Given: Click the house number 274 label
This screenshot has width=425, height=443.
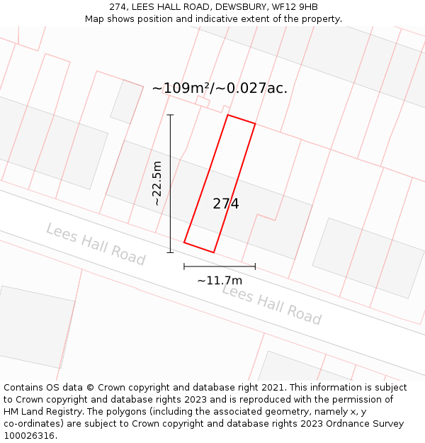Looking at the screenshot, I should pyautogui.click(x=226, y=204).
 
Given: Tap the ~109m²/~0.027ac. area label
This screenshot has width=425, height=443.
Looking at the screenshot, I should pyautogui.click(x=220, y=89).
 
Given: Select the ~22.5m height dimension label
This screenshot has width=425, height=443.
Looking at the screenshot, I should pyautogui.click(x=157, y=184).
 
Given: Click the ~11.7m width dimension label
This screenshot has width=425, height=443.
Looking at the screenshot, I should pyautogui.click(x=220, y=280).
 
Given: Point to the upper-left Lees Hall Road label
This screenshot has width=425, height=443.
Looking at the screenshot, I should pyautogui.click(x=96, y=243).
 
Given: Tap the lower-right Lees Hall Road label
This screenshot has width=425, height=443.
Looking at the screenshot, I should pyautogui.click(x=272, y=304).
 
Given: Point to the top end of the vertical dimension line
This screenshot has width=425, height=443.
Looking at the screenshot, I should pyautogui.click(x=170, y=115).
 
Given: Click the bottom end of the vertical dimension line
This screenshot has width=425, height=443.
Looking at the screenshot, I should pyautogui.click(x=170, y=252).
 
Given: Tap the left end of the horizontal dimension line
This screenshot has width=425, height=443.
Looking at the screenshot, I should pyautogui.click(x=184, y=267).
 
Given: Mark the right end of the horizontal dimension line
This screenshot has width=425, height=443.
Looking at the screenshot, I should pyautogui.click(x=255, y=267).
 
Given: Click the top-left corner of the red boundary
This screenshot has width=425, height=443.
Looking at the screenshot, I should pyautogui.click(x=227, y=115).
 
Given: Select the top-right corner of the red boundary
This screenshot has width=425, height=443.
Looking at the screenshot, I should pyautogui.click(x=255, y=123).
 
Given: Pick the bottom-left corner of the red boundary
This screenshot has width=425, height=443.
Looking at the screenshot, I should pyautogui.click(x=184, y=242).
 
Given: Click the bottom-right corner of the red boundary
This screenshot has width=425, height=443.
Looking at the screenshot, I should pyautogui.click(x=213, y=252).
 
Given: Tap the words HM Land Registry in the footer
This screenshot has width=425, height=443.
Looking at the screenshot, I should pyautogui.click(x=39, y=412).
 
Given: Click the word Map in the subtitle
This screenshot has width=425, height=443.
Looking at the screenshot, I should pyautogui.click(x=95, y=19).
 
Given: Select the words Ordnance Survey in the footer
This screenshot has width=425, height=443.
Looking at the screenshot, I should pyautogui.click(x=368, y=424).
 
